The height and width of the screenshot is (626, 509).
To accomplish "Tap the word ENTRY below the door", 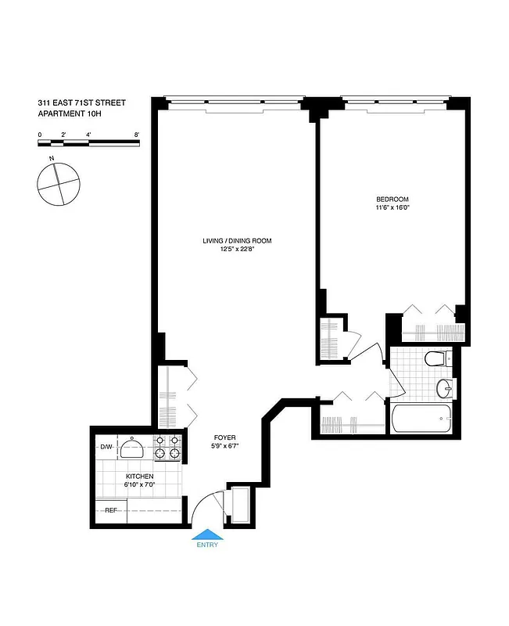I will [207, 545].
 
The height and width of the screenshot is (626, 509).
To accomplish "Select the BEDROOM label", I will [393, 200].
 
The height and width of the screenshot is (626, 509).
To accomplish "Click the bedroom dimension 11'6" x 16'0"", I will [393, 208].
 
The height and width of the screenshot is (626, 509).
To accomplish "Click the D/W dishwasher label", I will [106, 448].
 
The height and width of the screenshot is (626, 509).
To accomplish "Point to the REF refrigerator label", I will [112, 510].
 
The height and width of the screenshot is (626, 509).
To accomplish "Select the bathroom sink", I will [444, 386].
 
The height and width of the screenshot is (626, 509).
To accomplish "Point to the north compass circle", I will [59, 185].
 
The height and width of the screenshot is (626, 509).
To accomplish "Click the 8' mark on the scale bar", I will [137, 135].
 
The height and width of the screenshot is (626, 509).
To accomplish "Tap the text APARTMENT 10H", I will [70, 114].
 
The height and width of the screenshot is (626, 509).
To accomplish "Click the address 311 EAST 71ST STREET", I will [81, 103].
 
